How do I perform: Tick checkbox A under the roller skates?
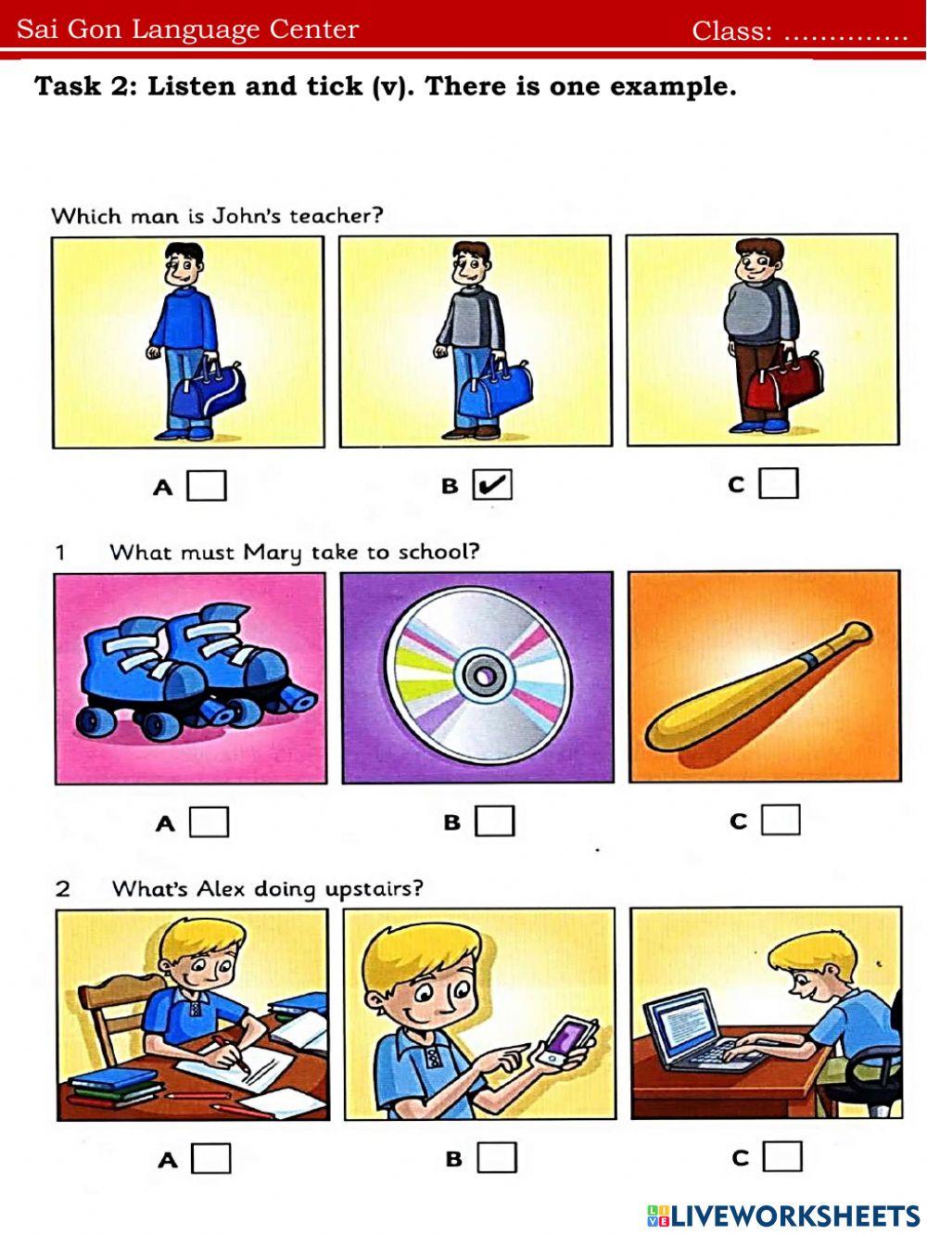(x=210, y=822)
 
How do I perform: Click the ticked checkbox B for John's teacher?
(x=492, y=484)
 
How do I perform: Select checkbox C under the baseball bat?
(x=781, y=820)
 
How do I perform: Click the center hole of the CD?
(x=483, y=676)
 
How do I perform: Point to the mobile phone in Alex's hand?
(x=568, y=1040)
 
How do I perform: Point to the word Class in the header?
(x=731, y=32)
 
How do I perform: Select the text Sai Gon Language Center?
(x=187, y=30)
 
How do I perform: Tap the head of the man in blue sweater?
(x=184, y=264)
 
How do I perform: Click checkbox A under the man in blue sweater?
(x=207, y=485)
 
